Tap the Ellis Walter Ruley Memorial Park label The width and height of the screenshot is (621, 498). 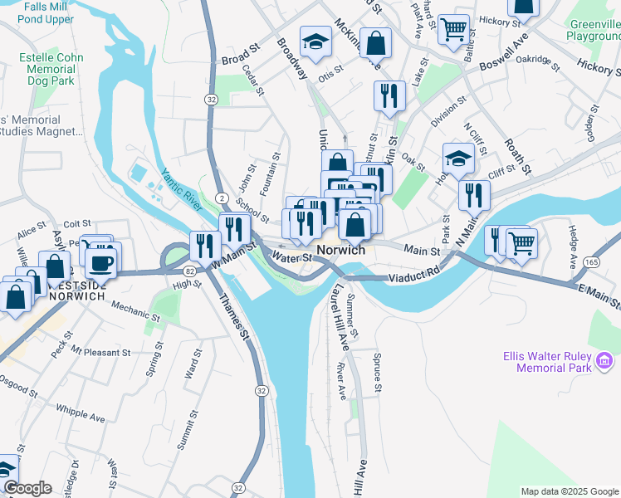547,361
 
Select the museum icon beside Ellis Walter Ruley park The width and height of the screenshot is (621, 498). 605,361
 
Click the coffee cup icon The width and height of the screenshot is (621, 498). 102,263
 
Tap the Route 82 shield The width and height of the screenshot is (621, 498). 190,271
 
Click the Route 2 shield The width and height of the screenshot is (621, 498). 222,196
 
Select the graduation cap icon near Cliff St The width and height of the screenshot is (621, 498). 458,157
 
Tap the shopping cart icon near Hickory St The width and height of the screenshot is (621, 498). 453,29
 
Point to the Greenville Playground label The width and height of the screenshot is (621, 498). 594,31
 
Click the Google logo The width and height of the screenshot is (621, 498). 27,488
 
